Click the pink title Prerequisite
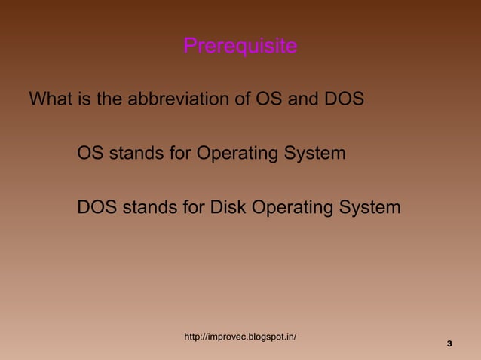click(240, 47)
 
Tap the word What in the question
click(51, 99)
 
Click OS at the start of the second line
click(90, 154)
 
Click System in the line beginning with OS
click(315, 154)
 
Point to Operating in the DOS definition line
click(293, 208)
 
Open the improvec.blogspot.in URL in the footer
click(240, 337)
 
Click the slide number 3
click(449, 344)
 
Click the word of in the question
click(241, 99)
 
